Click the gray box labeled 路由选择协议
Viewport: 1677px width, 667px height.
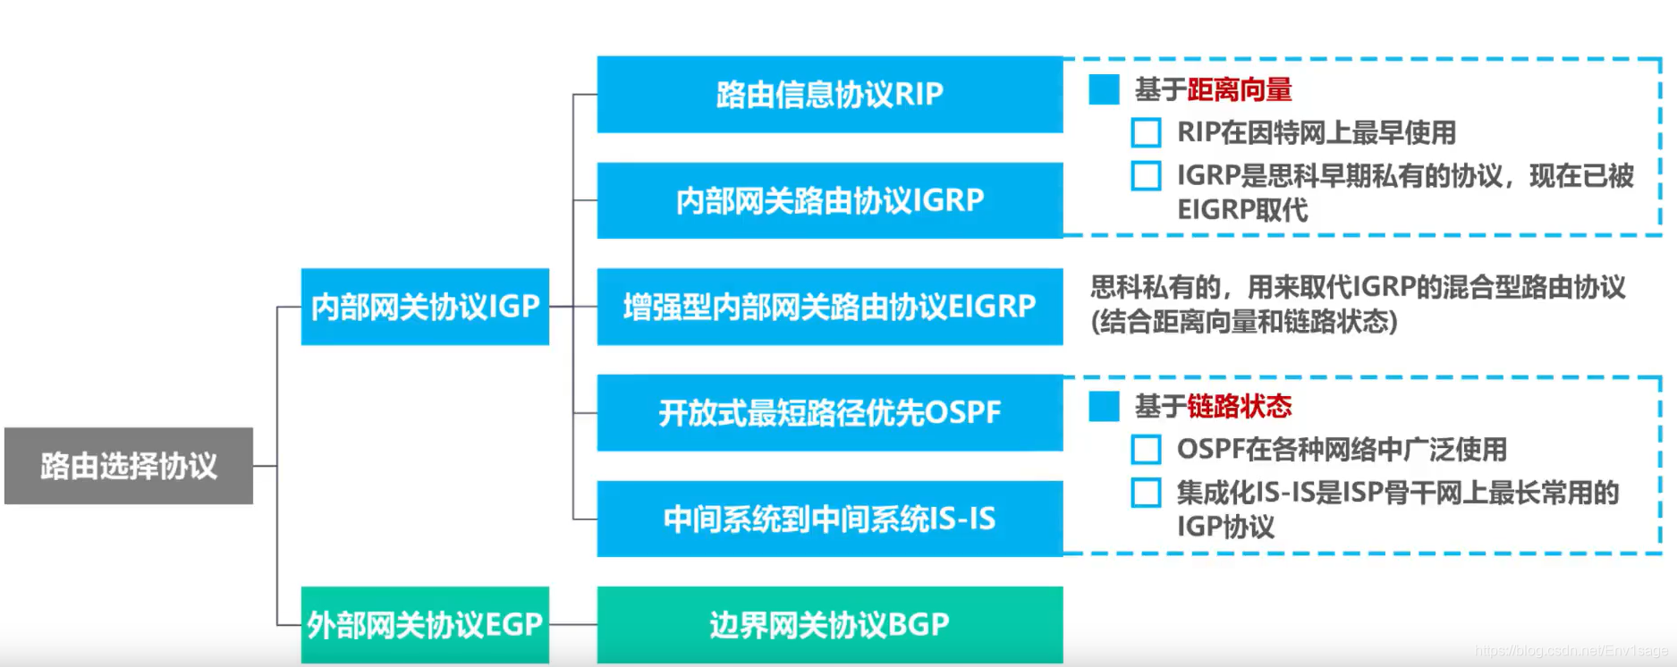[129, 466]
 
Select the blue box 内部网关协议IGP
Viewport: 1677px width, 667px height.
[425, 307]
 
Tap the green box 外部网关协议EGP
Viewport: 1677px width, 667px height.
[425, 625]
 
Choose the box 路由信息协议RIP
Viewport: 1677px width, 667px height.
[829, 95]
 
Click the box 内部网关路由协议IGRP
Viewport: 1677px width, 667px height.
[829, 200]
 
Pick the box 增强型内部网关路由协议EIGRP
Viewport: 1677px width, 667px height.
[829, 307]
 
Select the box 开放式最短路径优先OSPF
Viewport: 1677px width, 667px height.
[829, 412]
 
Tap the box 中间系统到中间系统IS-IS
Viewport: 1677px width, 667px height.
[829, 519]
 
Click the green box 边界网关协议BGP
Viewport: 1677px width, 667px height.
[829, 625]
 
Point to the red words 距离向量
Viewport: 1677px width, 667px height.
[1240, 89]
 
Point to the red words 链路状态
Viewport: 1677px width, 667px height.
[1240, 407]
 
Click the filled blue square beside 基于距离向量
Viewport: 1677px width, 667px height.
[1105, 89]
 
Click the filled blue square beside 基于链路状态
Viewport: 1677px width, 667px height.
[1105, 406]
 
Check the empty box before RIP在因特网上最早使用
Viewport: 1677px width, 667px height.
[1146, 132]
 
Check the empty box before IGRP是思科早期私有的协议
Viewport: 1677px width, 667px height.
[1146, 175]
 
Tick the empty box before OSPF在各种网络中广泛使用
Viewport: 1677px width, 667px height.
[1146, 449]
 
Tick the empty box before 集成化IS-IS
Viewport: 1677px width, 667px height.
[1146, 493]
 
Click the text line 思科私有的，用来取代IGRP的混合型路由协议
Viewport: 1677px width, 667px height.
[1358, 287]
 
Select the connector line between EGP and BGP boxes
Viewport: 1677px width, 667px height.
[573, 625]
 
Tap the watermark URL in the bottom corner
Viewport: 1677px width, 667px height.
[1571, 651]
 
